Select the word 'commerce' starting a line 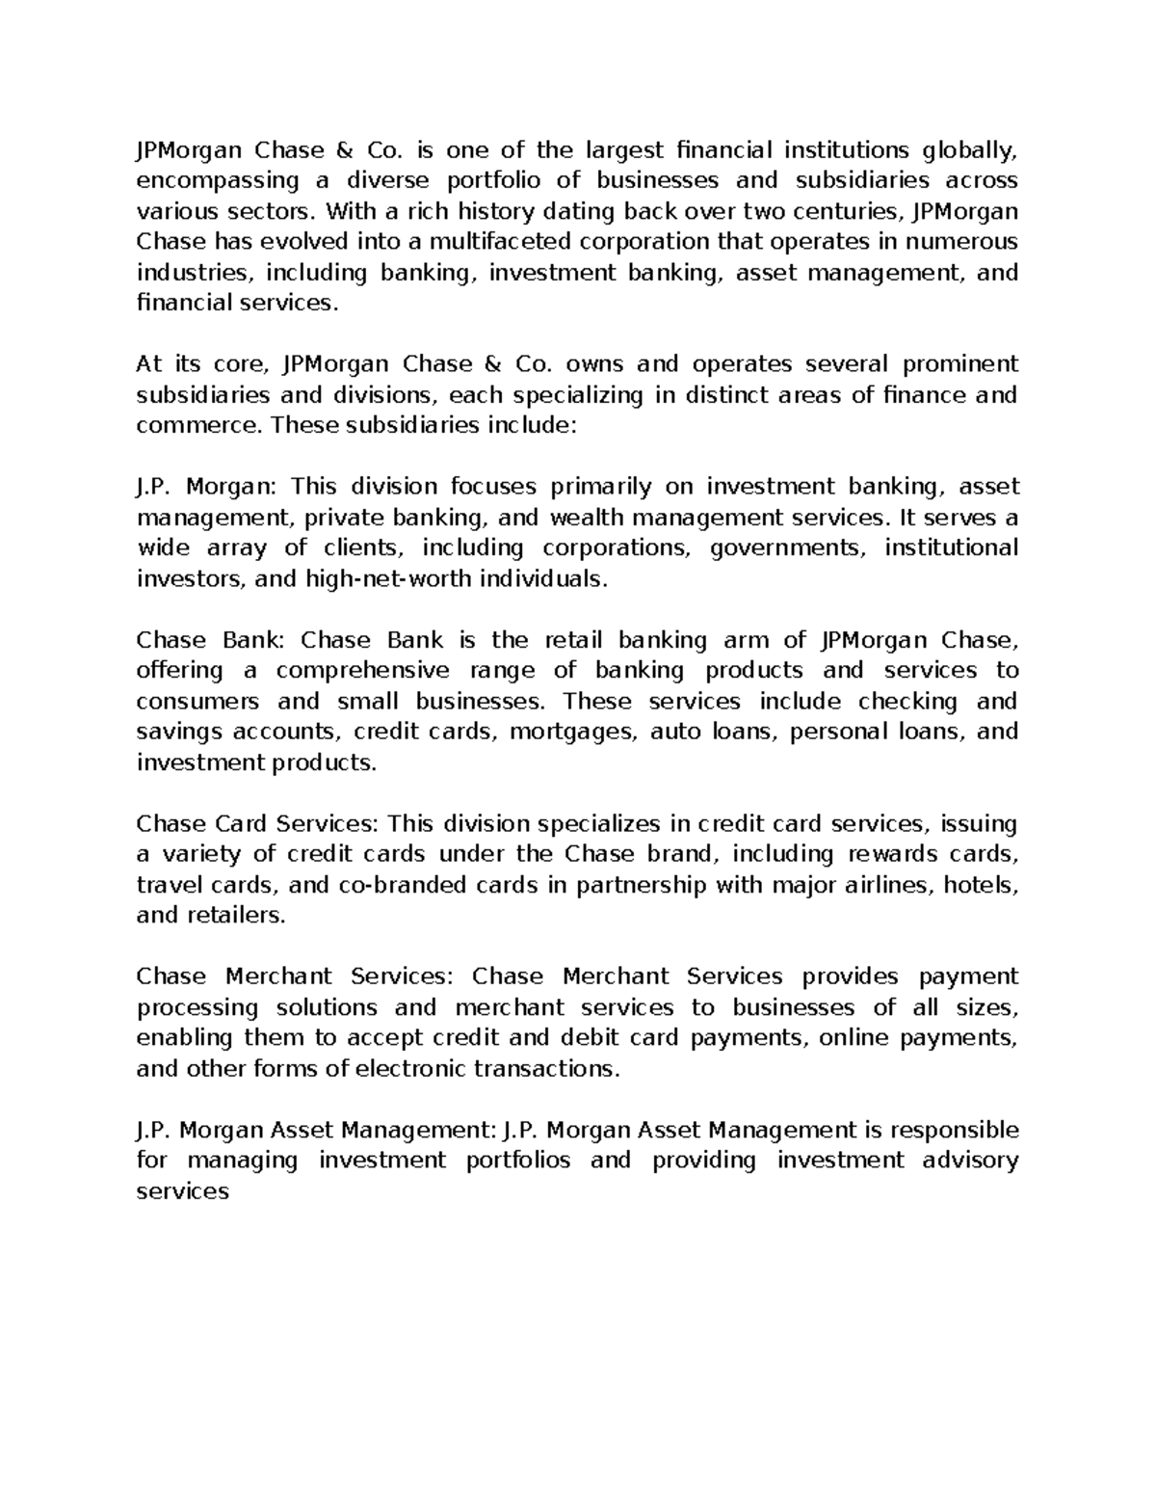point(197,426)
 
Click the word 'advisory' point(970,1161)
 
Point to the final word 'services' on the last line point(183,1191)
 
